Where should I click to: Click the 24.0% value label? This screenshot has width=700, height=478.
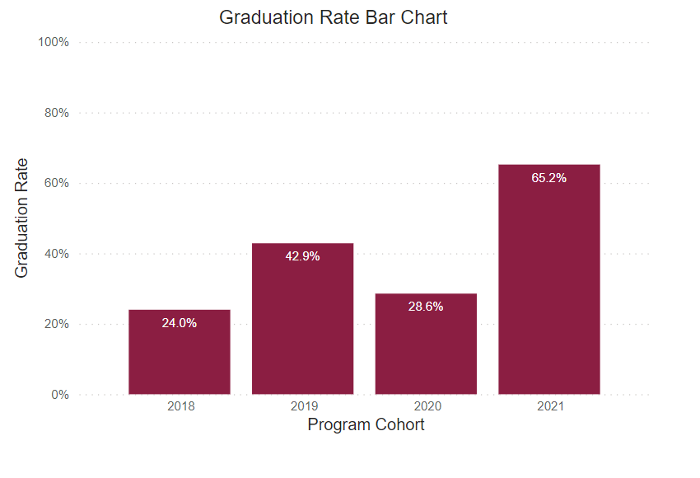pos(180,323)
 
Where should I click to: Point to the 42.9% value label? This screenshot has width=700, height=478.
pos(302,256)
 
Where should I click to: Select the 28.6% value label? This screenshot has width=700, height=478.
pos(426,307)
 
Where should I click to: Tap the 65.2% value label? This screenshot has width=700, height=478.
pos(549,177)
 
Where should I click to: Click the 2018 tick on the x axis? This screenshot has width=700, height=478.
pos(180,406)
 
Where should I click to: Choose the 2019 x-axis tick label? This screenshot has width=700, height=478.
pos(302,406)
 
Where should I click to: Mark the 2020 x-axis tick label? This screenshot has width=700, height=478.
pos(426,406)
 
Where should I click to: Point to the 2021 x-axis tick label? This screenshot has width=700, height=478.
pos(549,406)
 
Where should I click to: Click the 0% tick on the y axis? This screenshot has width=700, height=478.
pos(60,395)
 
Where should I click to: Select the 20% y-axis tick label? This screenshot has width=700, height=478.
pos(57,324)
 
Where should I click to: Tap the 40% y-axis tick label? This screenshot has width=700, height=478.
pos(57,254)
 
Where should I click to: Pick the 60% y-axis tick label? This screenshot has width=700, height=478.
pos(57,183)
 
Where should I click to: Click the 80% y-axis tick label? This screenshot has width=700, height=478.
pos(57,113)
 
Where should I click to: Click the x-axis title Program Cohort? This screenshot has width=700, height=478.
pos(366,425)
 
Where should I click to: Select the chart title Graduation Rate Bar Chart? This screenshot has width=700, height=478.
pos(333,17)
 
